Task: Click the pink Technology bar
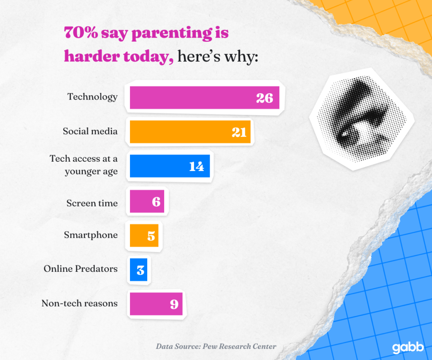(x=204, y=98)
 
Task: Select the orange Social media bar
(x=190, y=132)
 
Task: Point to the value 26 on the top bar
(x=265, y=98)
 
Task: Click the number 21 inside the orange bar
(x=239, y=132)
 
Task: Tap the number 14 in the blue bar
(x=196, y=166)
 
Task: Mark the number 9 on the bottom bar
(x=174, y=304)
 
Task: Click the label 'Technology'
(x=92, y=97)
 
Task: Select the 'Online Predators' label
(x=81, y=268)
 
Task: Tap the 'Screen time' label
(x=92, y=203)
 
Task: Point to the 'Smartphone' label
(x=91, y=235)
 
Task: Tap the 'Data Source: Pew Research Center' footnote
(x=216, y=346)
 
